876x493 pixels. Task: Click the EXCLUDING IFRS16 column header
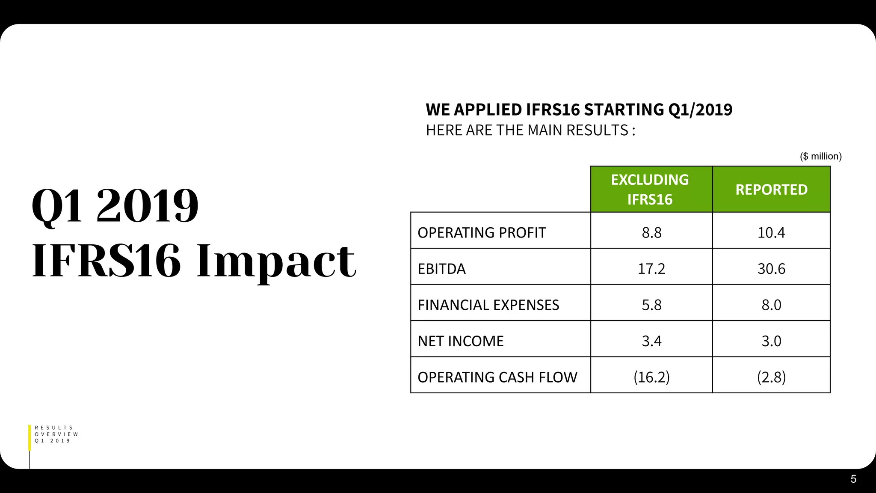650,189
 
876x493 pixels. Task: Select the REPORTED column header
771,189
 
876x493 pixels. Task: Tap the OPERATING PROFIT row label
482,232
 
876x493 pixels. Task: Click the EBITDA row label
441,269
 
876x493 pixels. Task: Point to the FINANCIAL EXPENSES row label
488,305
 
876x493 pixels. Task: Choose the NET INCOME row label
460,341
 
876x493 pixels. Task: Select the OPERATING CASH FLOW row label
497,377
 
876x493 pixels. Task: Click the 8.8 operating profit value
651,232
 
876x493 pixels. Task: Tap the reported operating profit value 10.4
771,232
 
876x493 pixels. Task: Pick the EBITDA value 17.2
651,269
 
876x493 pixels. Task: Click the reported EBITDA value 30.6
771,269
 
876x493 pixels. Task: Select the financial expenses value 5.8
651,305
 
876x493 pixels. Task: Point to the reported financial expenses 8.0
771,305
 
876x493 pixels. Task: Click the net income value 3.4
651,341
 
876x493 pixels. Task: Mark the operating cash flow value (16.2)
651,377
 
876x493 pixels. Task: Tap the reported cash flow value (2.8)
771,377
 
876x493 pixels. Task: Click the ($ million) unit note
820,156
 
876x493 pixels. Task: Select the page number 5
853,479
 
